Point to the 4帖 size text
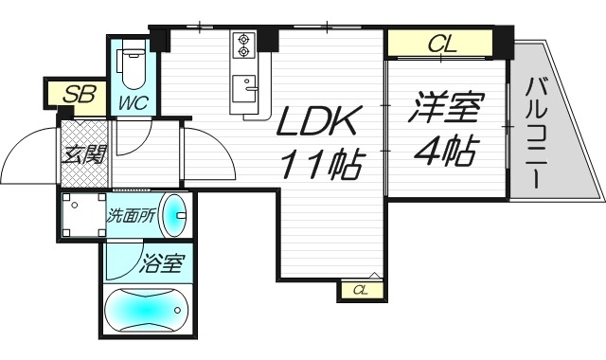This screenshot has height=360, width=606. (443, 151)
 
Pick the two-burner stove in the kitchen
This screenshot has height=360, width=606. (245, 45)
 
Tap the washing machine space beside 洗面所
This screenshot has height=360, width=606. (80, 216)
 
